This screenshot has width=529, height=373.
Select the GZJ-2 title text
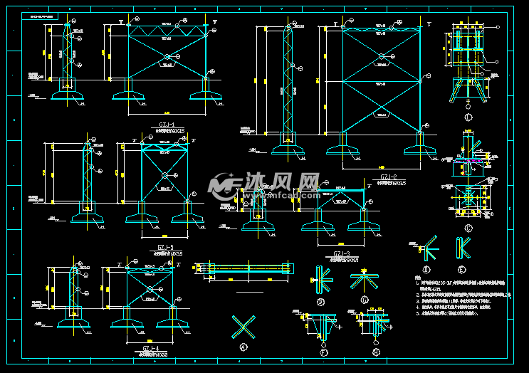388,177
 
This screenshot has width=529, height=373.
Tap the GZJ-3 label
342,253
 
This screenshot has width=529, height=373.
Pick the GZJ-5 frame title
165,246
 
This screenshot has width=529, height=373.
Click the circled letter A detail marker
244,347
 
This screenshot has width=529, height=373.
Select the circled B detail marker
320,302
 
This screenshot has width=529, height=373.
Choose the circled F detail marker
325,351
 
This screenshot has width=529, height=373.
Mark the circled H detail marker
376,351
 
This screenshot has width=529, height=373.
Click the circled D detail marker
427,270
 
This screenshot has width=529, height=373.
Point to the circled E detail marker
463,270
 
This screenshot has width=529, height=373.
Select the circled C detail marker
468,228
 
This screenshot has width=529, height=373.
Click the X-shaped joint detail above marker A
243,327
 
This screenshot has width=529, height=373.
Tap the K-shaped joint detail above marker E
463,248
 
